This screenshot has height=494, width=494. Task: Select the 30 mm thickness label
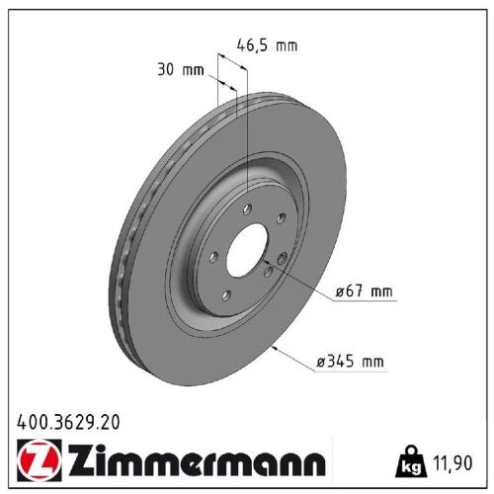pyautogui.click(x=179, y=70)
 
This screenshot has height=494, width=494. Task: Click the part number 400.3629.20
pyautogui.click(x=68, y=421)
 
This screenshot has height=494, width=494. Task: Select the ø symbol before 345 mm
pyautogui.click(x=321, y=362)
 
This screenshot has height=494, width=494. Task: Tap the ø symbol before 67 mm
pyautogui.click(x=340, y=291)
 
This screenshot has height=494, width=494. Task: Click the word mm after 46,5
pyautogui.click(x=286, y=45)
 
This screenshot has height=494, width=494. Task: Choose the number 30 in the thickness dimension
pyautogui.click(x=165, y=70)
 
